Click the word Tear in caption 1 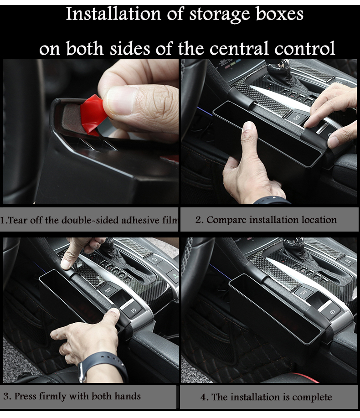point(18,221)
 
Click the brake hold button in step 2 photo point(297,118)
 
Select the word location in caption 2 point(319,220)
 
